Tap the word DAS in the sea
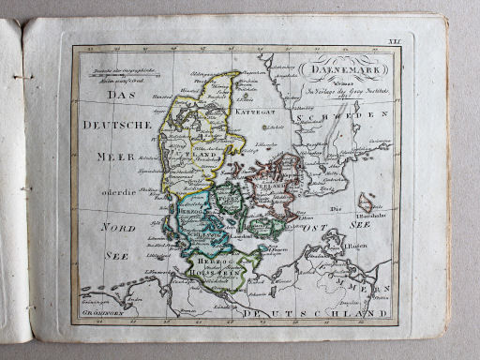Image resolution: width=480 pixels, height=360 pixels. click(x=120, y=97)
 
